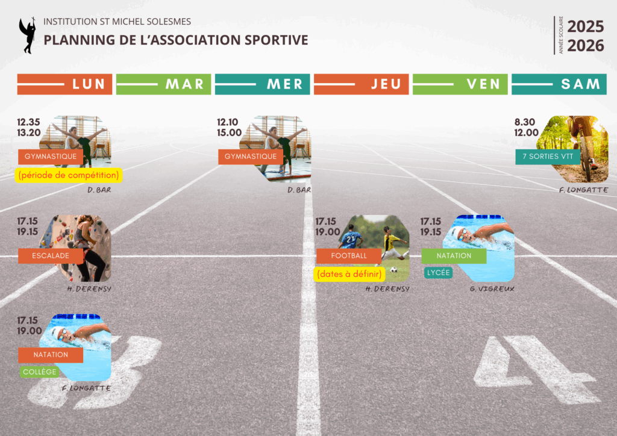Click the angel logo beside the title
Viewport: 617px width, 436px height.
tap(28, 36)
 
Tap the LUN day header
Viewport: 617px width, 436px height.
tap(64, 84)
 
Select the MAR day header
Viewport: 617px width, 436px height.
tap(163, 84)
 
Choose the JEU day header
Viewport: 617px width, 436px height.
tap(362, 84)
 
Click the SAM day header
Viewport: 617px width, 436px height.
tap(559, 84)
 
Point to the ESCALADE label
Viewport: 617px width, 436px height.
tap(51, 256)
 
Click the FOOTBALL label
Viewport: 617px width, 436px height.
tap(349, 256)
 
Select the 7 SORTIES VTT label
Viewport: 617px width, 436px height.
tap(548, 157)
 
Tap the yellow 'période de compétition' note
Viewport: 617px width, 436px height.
tap(69, 175)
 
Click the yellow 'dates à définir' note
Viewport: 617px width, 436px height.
tap(349, 274)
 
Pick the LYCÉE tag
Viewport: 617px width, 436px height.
tap(439, 273)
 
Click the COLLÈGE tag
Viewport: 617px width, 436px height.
tap(39, 372)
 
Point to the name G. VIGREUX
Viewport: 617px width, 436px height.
tap(492, 289)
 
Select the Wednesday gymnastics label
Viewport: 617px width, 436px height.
tap(251, 157)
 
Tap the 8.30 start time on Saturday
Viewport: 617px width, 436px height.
tap(525, 122)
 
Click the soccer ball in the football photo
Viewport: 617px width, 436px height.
tap(393, 270)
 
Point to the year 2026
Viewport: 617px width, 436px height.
tap(586, 46)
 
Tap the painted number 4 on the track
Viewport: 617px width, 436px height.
tap(535, 370)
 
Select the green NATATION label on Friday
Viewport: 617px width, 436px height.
tap(454, 256)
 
